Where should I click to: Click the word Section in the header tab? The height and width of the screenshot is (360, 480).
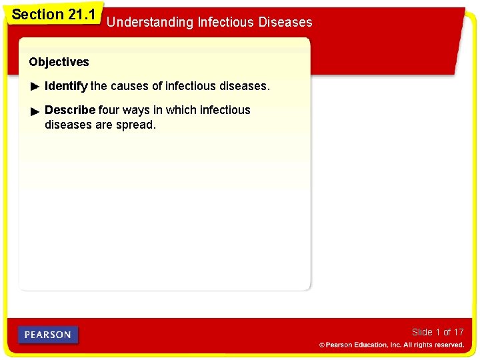point(38,15)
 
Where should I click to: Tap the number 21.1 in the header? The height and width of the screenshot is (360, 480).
point(82,15)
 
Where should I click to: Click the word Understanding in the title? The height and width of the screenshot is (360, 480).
point(150,23)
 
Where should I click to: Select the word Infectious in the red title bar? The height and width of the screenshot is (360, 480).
point(225,23)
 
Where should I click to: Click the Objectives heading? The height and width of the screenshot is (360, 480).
point(59,62)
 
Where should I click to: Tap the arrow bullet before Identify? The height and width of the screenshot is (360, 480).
point(35,87)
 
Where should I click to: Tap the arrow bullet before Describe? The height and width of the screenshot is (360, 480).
point(35,111)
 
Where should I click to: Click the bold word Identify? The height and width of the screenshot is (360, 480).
point(66,86)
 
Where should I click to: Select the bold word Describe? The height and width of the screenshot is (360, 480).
point(70,110)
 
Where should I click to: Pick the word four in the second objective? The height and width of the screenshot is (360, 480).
point(110,110)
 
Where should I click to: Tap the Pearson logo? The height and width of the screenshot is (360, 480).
point(48,335)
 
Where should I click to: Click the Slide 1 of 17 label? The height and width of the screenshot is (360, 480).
point(437,332)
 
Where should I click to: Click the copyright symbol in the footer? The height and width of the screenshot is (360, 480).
point(322,345)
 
